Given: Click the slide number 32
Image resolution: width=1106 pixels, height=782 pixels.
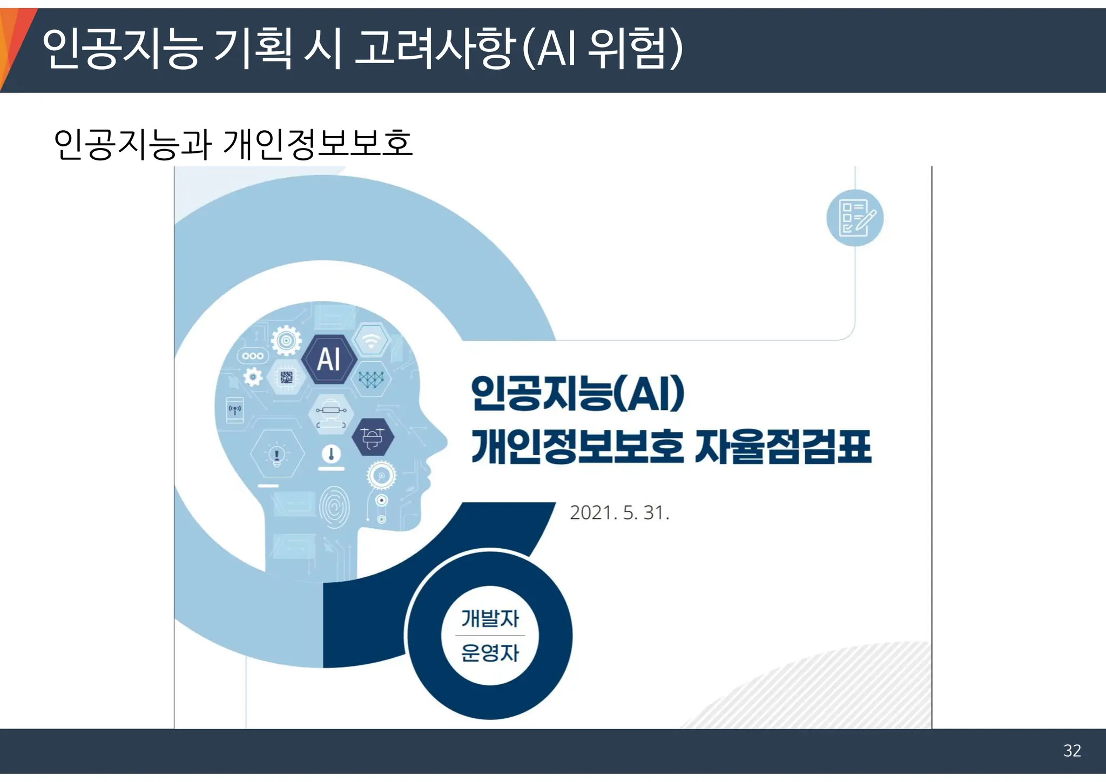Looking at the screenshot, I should (x=1072, y=751).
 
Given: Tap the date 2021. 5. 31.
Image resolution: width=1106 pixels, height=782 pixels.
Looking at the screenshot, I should (x=619, y=513).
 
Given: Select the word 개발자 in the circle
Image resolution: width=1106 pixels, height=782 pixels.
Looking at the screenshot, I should (x=490, y=618).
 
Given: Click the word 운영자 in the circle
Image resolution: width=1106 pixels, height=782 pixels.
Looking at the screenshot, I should (x=490, y=653).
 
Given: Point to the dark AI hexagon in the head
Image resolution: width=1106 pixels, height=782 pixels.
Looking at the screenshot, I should (x=329, y=359).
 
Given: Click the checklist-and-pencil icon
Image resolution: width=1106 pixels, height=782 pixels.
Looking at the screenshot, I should (x=855, y=218).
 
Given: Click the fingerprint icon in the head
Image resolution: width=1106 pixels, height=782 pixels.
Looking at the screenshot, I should (x=334, y=507).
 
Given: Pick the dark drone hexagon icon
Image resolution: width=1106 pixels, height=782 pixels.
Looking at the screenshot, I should (x=373, y=436).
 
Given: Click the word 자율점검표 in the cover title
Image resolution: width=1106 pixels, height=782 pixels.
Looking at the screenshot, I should (x=783, y=447).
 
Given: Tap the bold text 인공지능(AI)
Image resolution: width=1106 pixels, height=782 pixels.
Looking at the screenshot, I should (x=577, y=393).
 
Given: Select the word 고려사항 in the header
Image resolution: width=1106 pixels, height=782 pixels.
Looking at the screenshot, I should (x=433, y=50).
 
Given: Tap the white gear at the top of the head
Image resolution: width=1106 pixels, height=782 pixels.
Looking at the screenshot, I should (x=286, y=340).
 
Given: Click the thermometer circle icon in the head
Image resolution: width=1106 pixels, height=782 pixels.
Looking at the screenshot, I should (x=331, y=454).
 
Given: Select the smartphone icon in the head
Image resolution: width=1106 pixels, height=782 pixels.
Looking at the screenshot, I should (x=235, y=410).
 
